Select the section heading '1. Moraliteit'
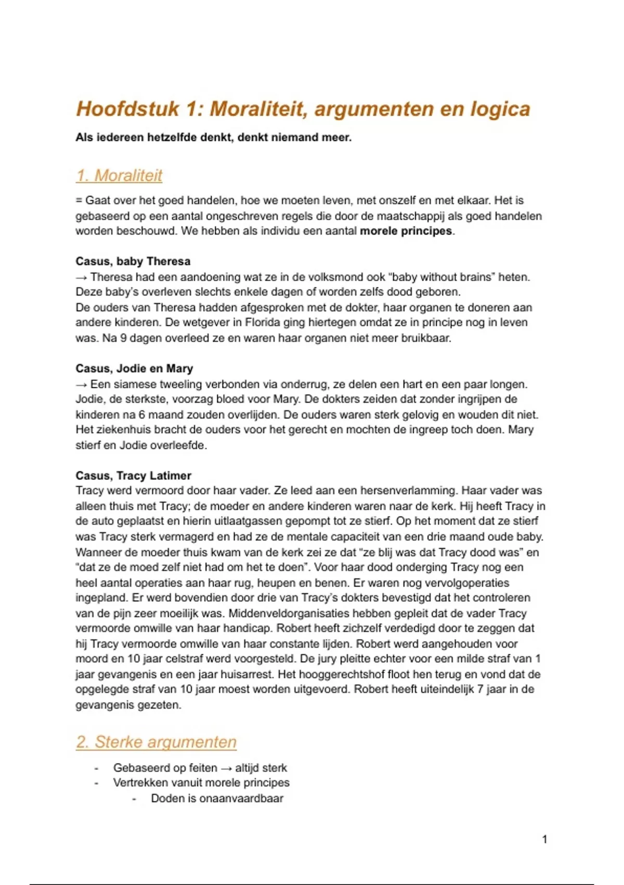pos(119,175)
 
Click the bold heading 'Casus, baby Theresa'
pos(133,261)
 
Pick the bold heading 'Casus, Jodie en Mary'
pos(134,369)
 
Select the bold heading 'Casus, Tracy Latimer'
pos(133,476)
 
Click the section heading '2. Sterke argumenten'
pos(156,742)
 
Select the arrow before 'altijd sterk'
pos(226,768)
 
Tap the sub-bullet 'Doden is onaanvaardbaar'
pos(217,799)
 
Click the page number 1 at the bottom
pos(544,839)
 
